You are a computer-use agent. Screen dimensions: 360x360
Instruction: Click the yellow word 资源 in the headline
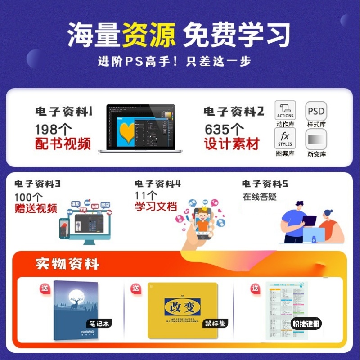pyautogui.click(x=148, y=35)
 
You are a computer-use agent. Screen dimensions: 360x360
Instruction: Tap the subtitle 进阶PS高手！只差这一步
pyautogui.click(x=174, y=61)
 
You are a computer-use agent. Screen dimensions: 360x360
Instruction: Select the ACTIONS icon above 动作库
pyautogui.click(x=285, y=110)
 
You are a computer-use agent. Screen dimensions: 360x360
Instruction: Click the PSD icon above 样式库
pyautogui.click(x=316, y=111)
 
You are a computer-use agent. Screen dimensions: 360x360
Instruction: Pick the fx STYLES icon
pyautogui.click(x=285, y=138)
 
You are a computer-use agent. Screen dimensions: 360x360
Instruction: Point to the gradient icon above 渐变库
pyautogui.click(x=316, y=139)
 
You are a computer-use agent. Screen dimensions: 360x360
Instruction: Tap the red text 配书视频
pyautogui.click(x=63, y=144)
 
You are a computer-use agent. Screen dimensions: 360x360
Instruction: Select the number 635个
pyautogui.click(x=225, y=130)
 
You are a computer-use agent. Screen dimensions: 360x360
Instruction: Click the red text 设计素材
pyautogui.click(x=232, y=144)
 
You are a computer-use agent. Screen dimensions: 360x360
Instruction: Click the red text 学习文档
pyautogui.click(x=156, y=207)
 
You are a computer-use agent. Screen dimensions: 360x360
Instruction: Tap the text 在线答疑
pyautogui.click(x=259, y=197)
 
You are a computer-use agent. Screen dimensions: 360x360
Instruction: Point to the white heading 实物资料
pyautogui.click(x=67, y=264)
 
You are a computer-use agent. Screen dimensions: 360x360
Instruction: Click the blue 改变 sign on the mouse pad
pyautogui.click(x=182, y=307)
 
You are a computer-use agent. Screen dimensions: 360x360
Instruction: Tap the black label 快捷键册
pyautogui.click(x=306, y=324)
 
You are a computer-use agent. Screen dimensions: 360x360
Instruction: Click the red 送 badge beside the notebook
pyautogui.click(x=45, y=288)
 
